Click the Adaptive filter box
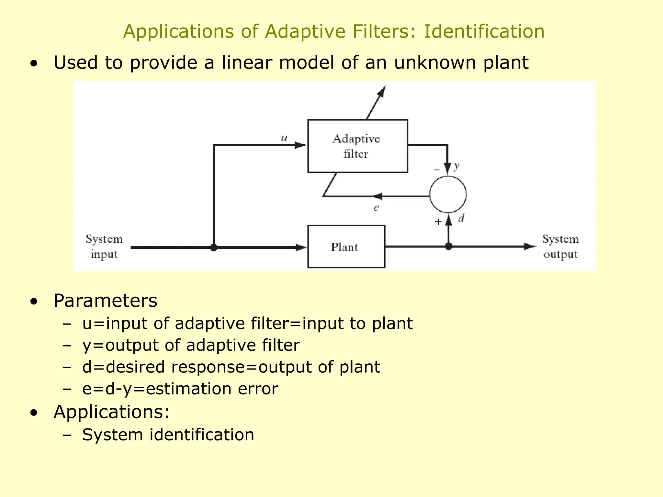point(357,146)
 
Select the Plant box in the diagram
point(346,247)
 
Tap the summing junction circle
point(448,194)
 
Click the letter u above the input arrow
point(284,138)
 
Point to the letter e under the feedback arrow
point(376,208)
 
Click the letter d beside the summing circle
point(461,219)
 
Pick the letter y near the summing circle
point(456,166)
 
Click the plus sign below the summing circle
point(438,222)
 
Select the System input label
point(104,247)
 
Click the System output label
point(560,247)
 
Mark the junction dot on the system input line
point(214,248)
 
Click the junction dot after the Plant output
point(448,247)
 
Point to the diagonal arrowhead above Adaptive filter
point(382,91)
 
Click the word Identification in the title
point(484,32)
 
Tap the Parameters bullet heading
point(105,301)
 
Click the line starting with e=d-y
point(180,389)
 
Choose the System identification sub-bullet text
point(168,435)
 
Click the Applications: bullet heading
point(112,412)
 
